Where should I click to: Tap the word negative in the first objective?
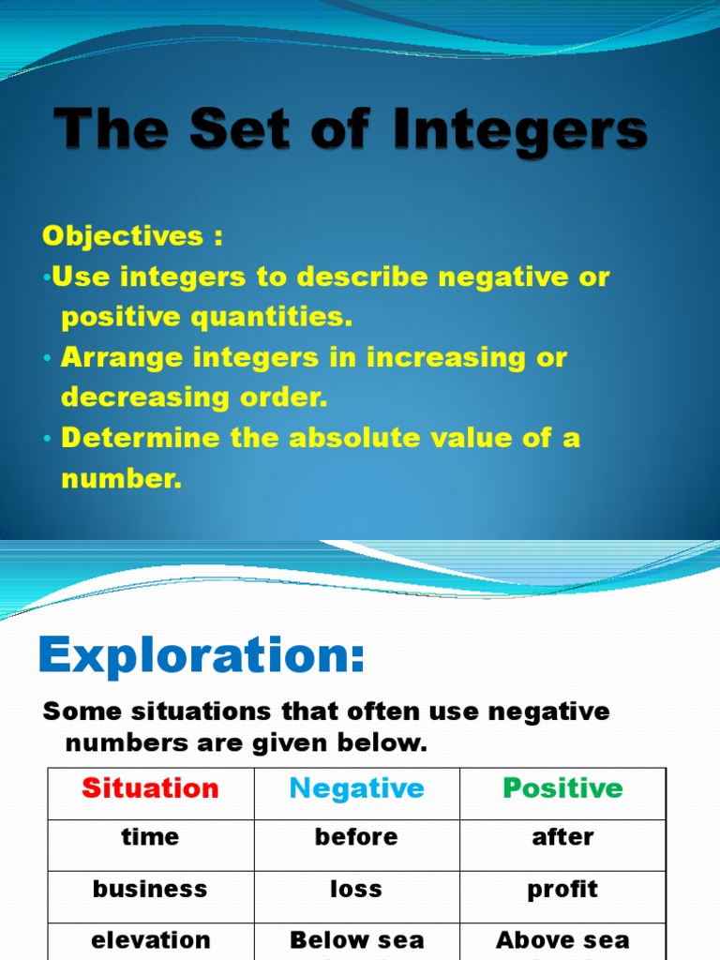[x=505, y=277]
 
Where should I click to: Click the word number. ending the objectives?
[x=121, y=478]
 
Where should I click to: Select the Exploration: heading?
[x=201, y=656]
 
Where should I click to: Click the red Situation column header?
[x=150, y=788]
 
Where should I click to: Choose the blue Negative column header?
[x=356, y=788]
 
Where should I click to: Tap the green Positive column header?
[x=562, y=788]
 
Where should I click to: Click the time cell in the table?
[x=150, y=837]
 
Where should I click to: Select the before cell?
[x=356, y=837]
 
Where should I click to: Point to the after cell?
[x=562, y=837]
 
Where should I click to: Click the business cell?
[x=150, y=889]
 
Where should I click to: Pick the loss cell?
[x=356, y=889]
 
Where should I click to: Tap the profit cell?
[x=562, y=889]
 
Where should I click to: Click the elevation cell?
[x=150, y=939]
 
